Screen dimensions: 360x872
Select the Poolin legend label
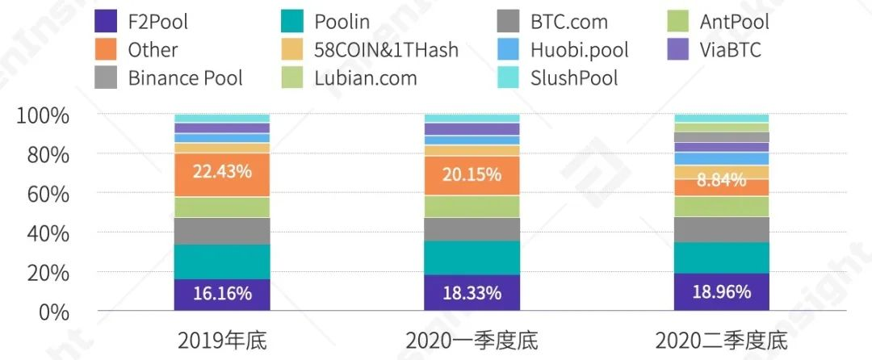(x=342, y=22)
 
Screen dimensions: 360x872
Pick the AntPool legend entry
(x=734, y=22)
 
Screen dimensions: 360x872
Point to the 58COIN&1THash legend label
(x=386, y=50)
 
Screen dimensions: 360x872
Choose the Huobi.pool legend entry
(x=579, y=50)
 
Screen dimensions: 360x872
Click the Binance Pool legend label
(x=185, y=78)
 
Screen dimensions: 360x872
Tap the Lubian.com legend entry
(x=365, y=78)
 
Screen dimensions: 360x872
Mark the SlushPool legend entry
(x=573, y=78)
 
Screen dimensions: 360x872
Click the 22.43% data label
(x=222, y=171)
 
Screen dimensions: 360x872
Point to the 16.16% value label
(x=222, y=293)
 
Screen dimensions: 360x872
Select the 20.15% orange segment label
(x=472, y=174)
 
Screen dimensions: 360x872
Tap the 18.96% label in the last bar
(x=722, y=291)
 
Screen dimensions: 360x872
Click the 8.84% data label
(x=722, y=181)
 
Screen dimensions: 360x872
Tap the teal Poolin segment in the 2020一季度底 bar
(x=472, y=257)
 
